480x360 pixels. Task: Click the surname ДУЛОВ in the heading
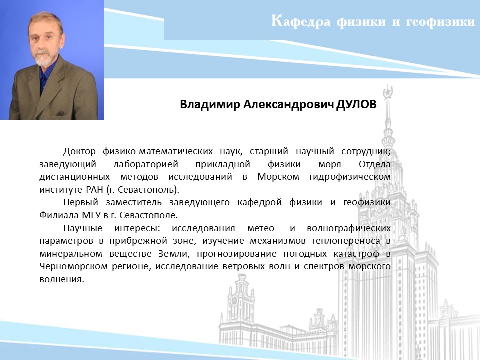(356, 104)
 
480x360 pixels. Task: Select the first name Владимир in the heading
(210, 104)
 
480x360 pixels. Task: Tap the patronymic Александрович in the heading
(288, 104)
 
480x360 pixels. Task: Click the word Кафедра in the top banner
(301, 21)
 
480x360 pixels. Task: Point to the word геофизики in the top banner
(440, 22)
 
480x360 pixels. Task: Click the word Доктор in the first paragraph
(79, 151)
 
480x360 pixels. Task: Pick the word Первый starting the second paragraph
(81, 202)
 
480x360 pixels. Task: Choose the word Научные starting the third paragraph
(83, 228)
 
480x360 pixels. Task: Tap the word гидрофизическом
(350, 177)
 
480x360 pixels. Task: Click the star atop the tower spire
(388, 91)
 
